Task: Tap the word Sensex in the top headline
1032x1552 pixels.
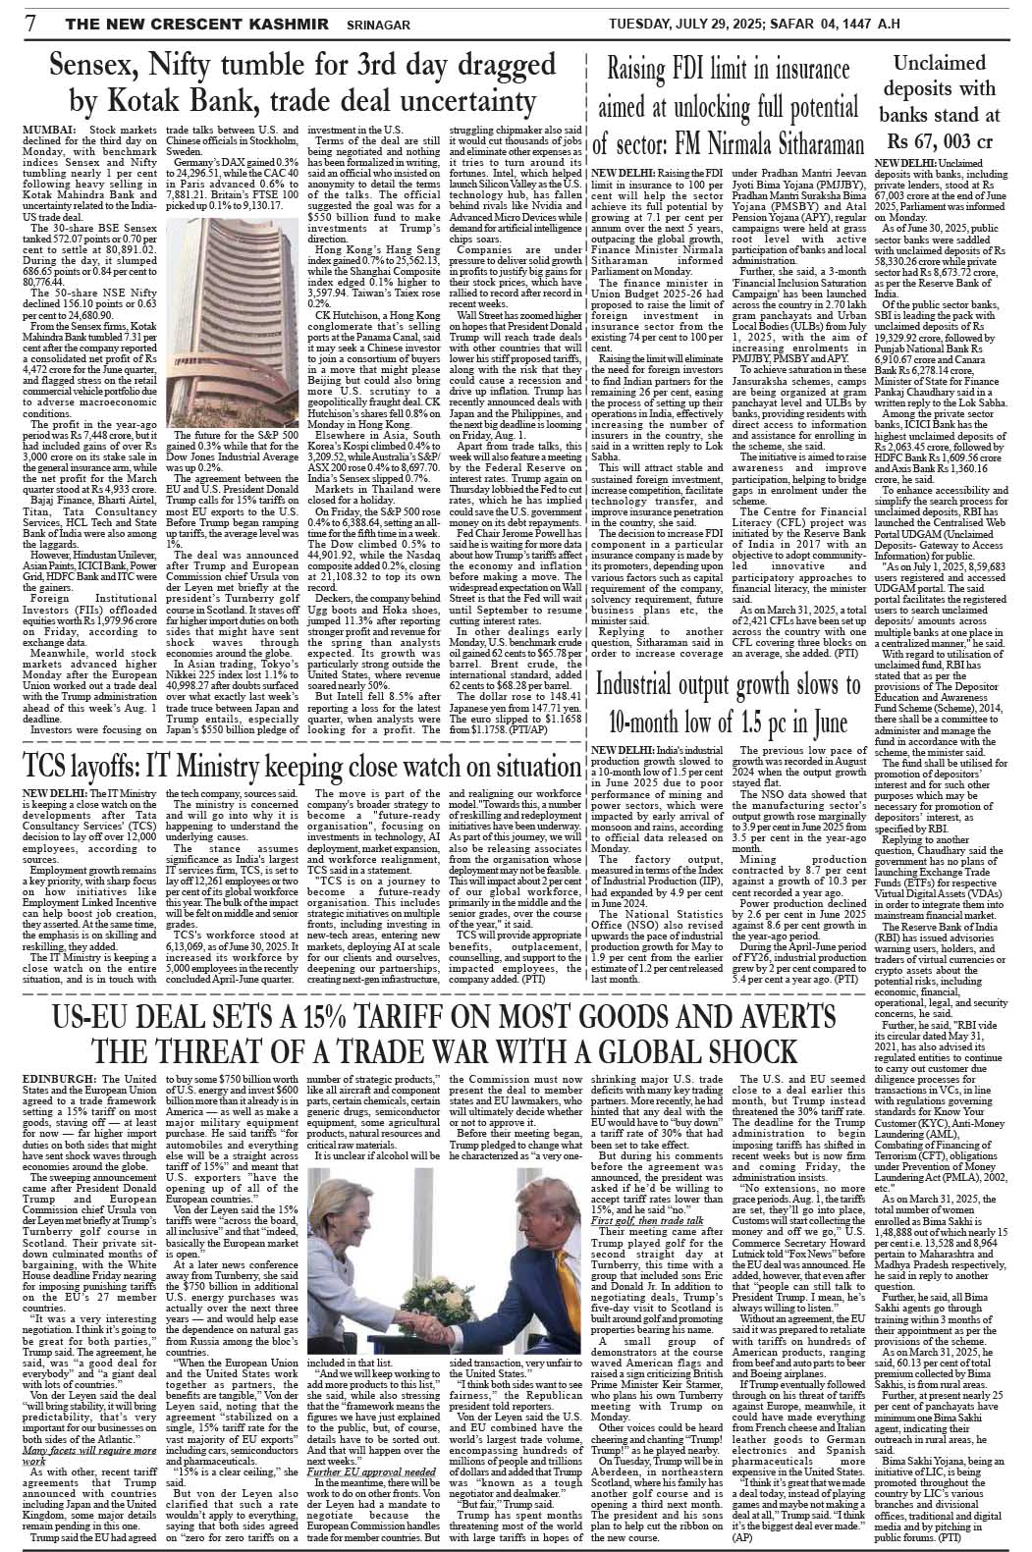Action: click(x=107, y=68)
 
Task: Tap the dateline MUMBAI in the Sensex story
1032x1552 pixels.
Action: click(x=46, y=131)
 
